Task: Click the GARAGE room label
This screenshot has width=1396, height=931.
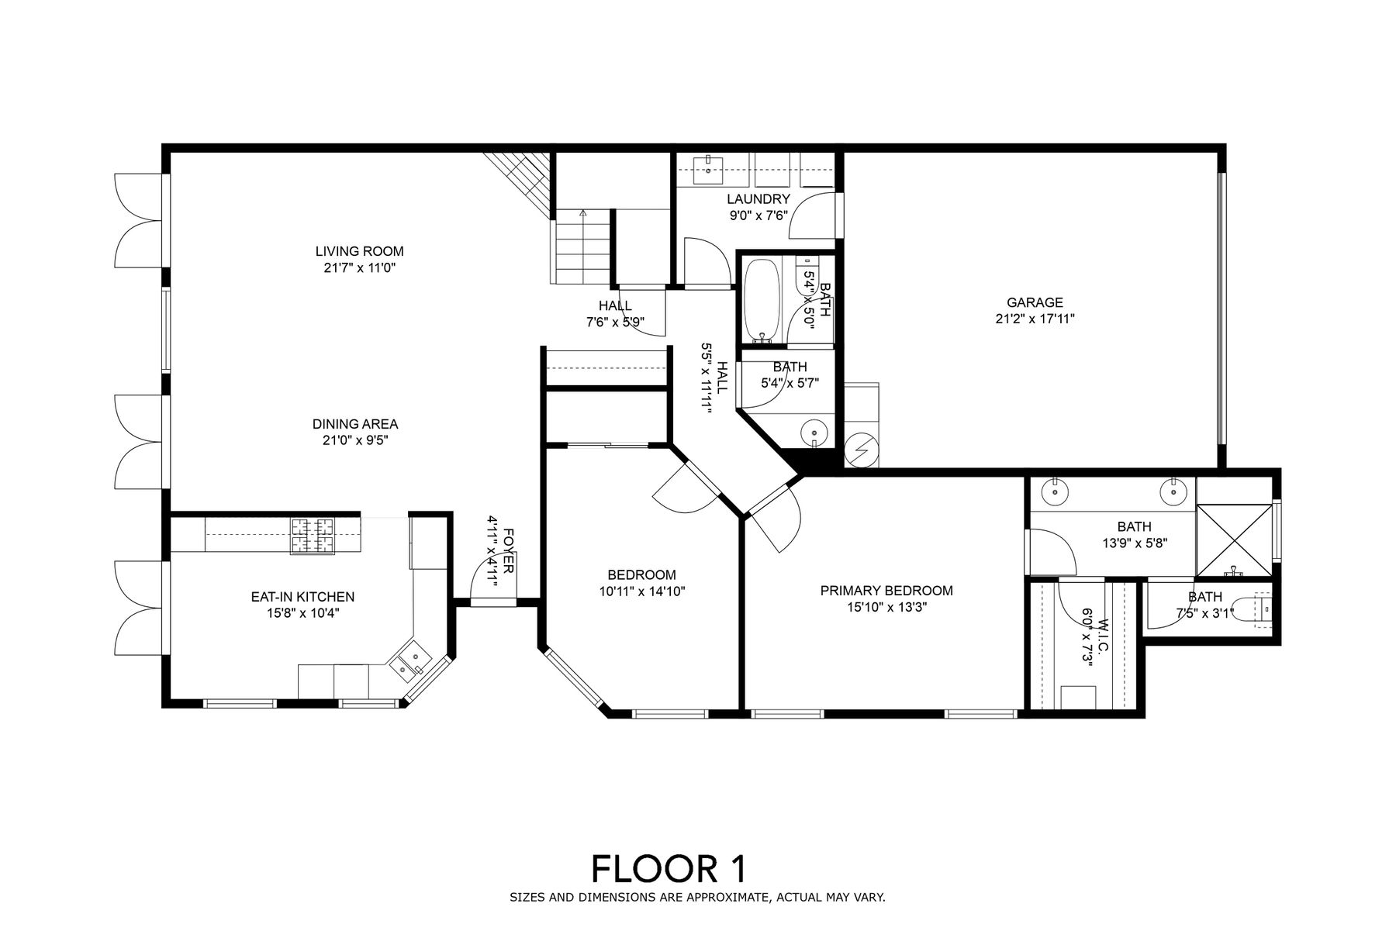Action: [x=1035, y=303]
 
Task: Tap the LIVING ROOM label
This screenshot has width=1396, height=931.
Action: [x=359, y=251]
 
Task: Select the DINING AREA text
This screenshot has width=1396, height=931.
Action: [x=355, y=424]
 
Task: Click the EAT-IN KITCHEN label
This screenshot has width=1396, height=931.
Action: [x=302, y=597]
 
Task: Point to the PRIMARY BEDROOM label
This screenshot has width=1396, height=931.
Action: [x=886, y=591]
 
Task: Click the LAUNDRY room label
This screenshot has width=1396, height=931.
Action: [x=758, y=200]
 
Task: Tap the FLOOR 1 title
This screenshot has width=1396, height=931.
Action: [x=669, y=869]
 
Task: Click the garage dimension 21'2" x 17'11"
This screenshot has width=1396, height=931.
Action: [x=1035, y=319]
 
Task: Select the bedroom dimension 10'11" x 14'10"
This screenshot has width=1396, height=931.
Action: [x=641, y=591]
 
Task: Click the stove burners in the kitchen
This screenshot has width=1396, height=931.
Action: [x=313, y=536]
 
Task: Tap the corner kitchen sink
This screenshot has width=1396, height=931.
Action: [x=409, y=660]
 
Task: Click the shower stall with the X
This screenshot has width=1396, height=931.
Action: [x=1234, y=540]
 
